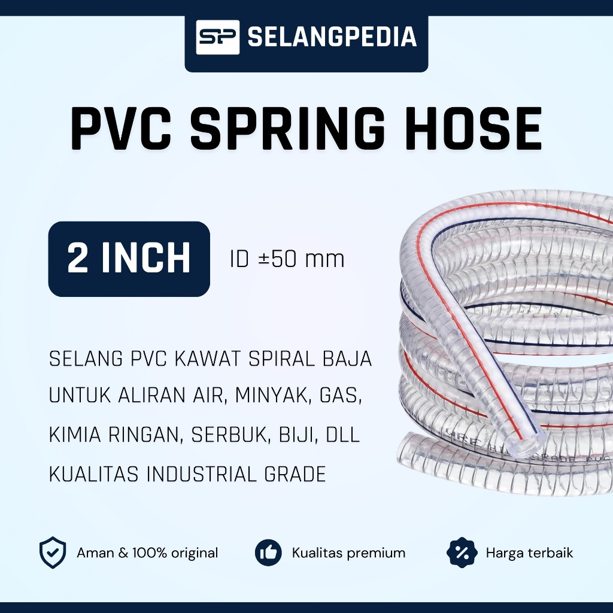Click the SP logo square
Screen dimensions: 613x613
coord(217,37)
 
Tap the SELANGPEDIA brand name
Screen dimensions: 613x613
coord(332,37)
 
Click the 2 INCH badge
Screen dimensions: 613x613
coord(129,259)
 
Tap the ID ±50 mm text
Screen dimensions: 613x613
coord(287,259)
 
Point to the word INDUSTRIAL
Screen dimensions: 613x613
coord(201,474)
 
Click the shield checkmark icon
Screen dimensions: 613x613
coord(53,553)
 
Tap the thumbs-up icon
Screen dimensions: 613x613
coord(268,553)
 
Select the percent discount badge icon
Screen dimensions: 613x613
coord(462,553)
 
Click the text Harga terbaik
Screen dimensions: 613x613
coord(529,553)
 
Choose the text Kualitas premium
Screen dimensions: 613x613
coord(349,553)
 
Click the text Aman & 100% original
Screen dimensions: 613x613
coord(147,553)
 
